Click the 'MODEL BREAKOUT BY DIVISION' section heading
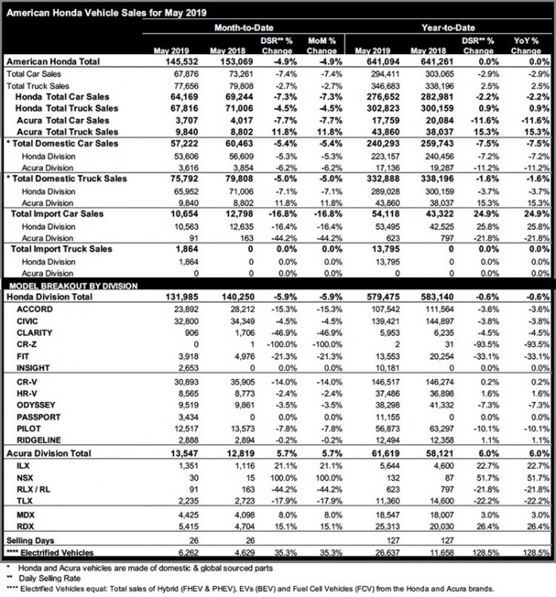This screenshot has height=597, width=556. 72,285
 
